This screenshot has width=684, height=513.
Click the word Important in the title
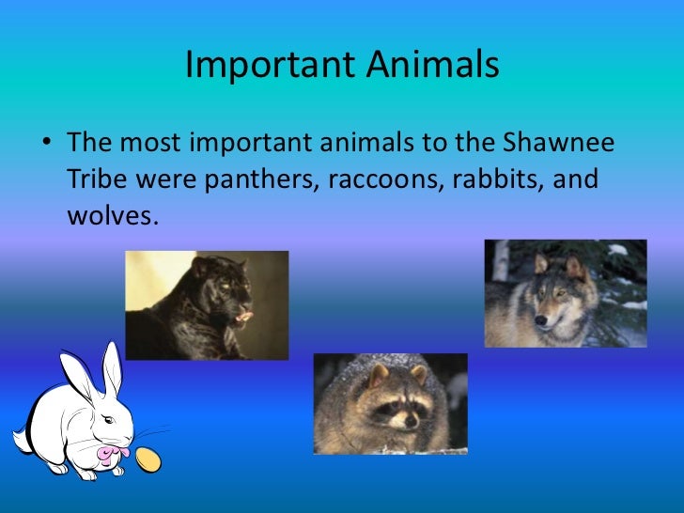pos(258,65)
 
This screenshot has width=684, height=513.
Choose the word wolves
pos(108,215)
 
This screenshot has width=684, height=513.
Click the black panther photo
pos(207,304)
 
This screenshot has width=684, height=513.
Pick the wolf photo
pos(565,292)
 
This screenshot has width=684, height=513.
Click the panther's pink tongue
pos(244,318)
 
